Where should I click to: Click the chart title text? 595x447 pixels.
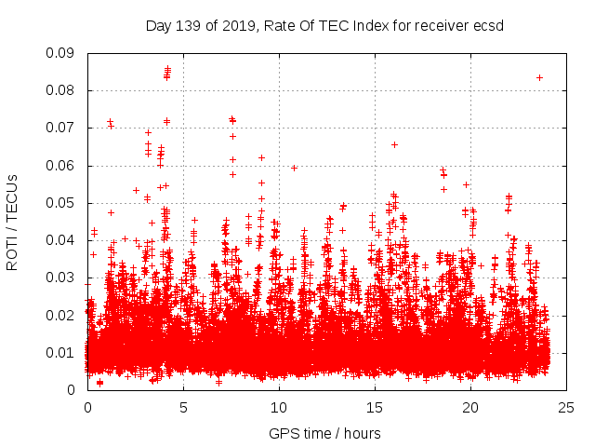point(324,25)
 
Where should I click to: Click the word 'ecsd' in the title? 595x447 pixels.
point(488,25)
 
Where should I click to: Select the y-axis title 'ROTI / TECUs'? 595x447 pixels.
point(13,222)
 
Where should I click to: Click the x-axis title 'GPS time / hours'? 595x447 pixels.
point(324,433)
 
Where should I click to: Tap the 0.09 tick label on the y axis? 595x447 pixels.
point(63,53)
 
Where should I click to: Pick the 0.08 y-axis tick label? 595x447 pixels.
point(63,90)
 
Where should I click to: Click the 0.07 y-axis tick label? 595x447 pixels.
point(63,128)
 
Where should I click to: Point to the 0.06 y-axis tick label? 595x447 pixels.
point(63,166)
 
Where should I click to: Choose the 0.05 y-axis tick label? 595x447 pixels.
point(63,203)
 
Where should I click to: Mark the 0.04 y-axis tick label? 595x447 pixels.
point(63,240)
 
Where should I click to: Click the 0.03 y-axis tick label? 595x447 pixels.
point(63,278)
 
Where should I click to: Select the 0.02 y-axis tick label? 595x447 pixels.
point(63,315)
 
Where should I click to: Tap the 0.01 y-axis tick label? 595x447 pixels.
point(63,352)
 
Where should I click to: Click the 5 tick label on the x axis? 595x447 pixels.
point(183,407)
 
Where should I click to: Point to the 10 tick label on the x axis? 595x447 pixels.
point(279,407)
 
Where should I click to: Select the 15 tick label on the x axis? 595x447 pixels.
point(375,407)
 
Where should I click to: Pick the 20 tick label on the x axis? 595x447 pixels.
point(470,407)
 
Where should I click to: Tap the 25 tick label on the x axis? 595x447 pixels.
point(566,407)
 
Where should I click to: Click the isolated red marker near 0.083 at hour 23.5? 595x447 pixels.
point(539,77)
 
